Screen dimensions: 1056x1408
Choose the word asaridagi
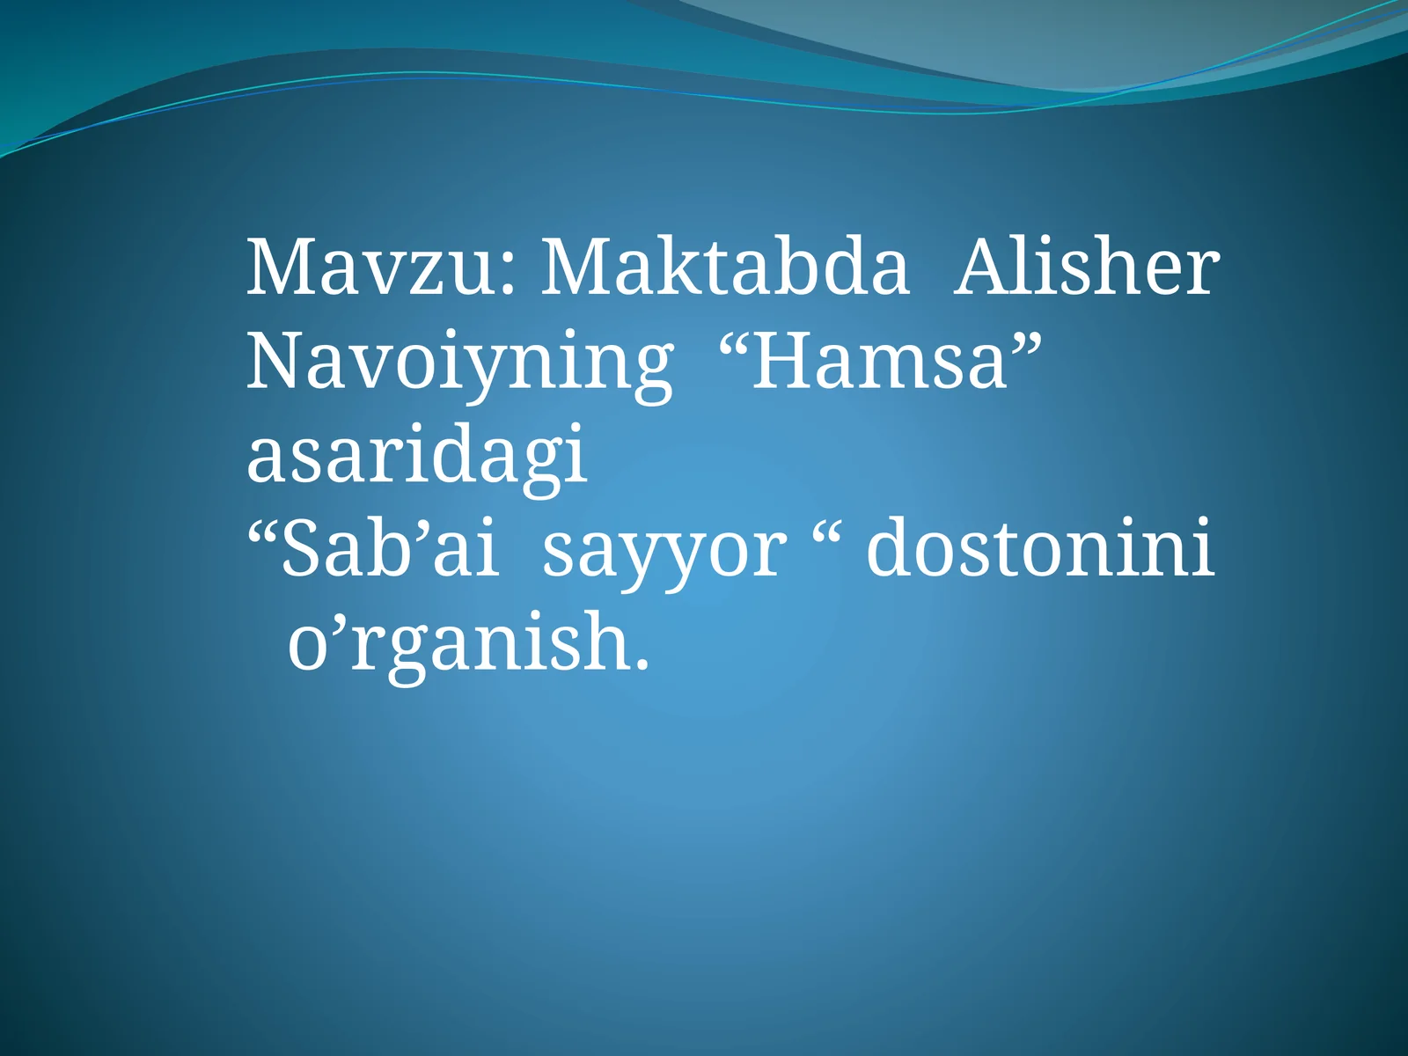[416, 456]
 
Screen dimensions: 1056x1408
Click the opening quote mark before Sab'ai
[263, 530]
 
